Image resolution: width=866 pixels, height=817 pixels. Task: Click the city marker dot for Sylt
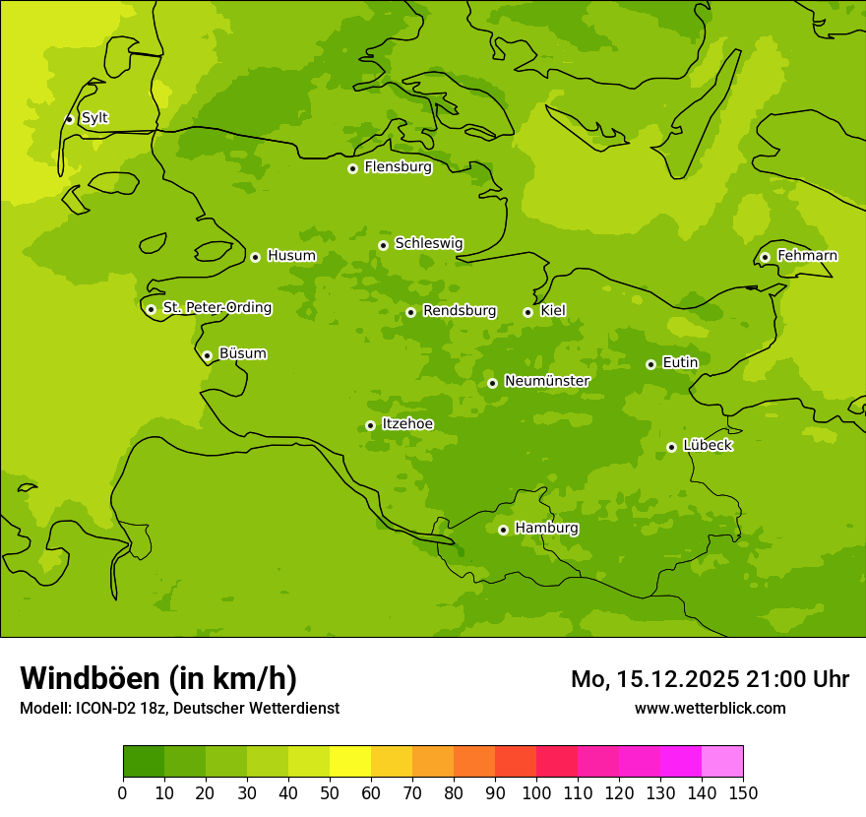(x=69, y=119)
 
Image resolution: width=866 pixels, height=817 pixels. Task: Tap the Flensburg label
(x=398, y=167)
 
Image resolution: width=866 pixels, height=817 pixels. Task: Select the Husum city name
(x=291, y=256)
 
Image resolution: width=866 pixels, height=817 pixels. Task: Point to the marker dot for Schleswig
(x=383, y=245)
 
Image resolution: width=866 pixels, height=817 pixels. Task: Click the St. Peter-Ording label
(x=216, y=308)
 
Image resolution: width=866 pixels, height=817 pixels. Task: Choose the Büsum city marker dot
(x=207, y=355)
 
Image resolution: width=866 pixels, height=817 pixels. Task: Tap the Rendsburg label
(x=459, y=311)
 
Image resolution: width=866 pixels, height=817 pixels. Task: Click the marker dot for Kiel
(x=527, y=312)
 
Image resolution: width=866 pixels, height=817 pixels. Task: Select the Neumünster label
(x=546, y=381)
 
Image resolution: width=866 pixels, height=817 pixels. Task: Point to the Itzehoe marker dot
(x=370, y=425)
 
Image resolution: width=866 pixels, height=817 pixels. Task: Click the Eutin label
(x=680, y=363)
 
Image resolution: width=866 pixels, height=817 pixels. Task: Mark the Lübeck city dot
(x=671, y=447)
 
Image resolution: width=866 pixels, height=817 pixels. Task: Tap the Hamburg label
(x=546, y=529)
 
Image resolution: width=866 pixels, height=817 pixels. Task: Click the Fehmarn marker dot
(x=765, y=257)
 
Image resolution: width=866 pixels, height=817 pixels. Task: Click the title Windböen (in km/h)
(x=158, y=678)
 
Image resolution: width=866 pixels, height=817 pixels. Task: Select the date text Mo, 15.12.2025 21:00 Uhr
(x=710, y=679)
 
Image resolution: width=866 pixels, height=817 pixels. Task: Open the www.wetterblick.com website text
(x=710, y=708)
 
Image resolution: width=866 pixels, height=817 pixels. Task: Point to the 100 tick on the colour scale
(x=536, y=793)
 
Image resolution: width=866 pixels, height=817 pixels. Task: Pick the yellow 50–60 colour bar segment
(x=350, y=762)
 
